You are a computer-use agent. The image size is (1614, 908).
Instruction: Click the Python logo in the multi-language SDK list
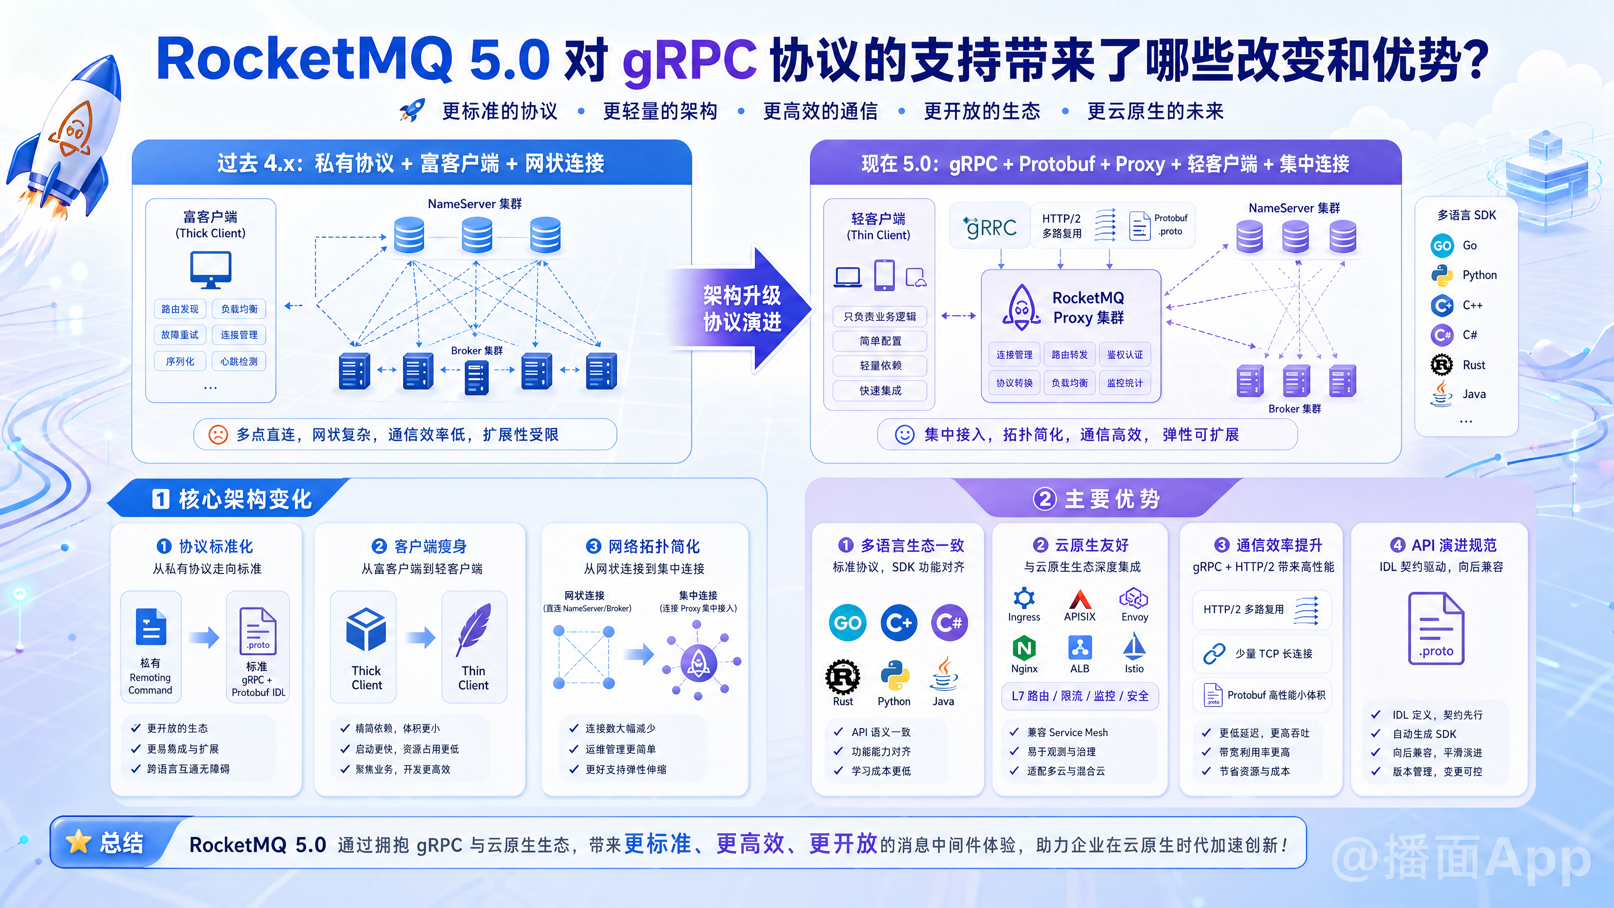(1442, 275)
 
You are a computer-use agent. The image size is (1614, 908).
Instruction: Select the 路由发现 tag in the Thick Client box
(180, 309)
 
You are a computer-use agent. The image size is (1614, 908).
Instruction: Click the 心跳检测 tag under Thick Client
(239, 362)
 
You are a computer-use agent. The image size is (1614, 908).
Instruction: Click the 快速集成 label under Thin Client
(880, 391)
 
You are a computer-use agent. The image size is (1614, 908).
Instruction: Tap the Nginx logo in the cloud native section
(1024, 648)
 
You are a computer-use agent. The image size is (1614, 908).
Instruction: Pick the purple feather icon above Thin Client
(474, 629)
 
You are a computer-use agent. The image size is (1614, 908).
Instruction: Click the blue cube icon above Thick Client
(366, 629)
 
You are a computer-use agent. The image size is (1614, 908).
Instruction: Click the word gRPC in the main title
(689, 60)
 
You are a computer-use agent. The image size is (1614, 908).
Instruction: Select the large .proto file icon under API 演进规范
(1436, 628)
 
